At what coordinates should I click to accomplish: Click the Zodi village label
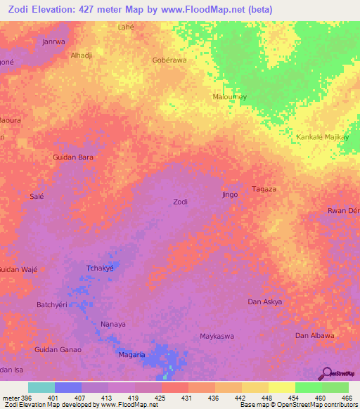coord(180,202)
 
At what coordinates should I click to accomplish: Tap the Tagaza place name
coord(264,189)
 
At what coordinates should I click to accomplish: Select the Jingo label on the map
coord(230,194)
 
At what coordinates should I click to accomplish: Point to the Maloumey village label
coord(229,96)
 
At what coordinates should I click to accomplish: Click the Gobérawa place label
coord(169,60)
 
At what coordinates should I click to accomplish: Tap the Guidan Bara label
coord(73,157)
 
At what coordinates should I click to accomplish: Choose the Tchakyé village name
coord(99,268)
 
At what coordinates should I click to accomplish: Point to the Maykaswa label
coord(217,336)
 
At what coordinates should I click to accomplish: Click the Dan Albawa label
coord(314,335)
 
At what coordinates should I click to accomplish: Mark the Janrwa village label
coord(53,41)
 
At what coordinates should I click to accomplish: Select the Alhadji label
coord(82,54)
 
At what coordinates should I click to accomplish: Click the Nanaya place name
coord(112,324)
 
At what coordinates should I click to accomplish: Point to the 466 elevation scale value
coord(346,397)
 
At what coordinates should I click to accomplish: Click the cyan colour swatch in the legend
coord(41,387)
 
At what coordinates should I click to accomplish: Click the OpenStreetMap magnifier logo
coord(326,373)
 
